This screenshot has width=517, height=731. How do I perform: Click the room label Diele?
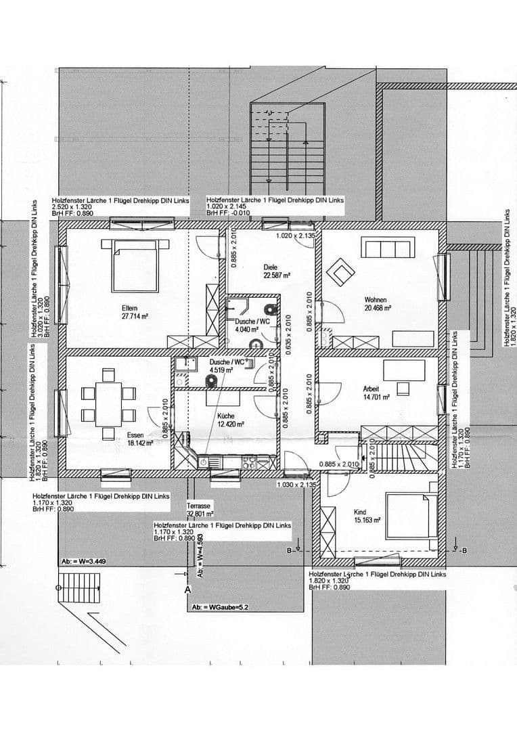(x=270, y=267)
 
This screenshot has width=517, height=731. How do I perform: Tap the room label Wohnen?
(x=376, y=300)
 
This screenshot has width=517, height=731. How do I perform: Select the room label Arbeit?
(x=372, y=389)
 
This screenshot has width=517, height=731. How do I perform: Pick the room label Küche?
(x=225, y=416)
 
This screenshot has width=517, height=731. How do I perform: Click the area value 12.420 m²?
(x=229, y=424)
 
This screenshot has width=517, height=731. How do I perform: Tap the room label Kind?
(x=360, y=512)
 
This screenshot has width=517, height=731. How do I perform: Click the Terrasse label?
(x=199, y=506)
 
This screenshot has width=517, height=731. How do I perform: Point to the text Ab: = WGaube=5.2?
(x=220, y=607)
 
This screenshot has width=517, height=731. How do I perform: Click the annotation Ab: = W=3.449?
(x=83, y=561)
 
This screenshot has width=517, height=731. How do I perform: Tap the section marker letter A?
(x=187, y=590)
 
